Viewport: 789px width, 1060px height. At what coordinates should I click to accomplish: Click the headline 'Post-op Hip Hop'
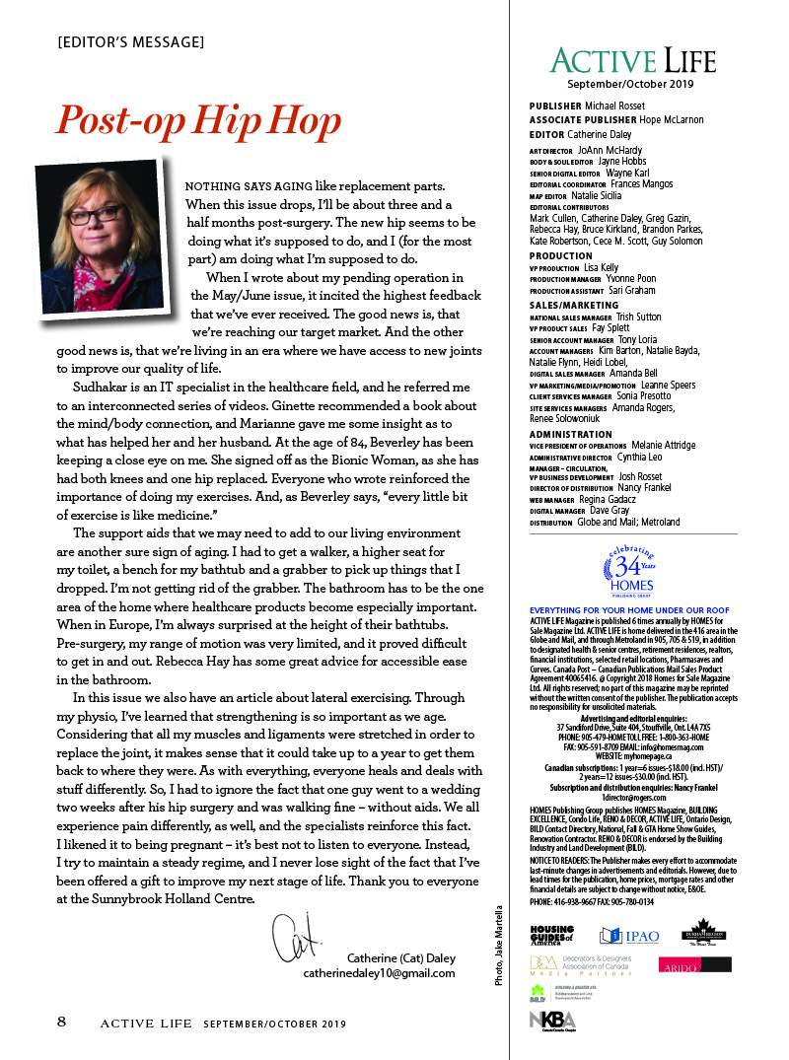pyautogui.click(x=198, y=120)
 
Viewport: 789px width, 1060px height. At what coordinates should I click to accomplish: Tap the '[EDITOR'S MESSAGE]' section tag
pyautogui.click(x=131, y=42)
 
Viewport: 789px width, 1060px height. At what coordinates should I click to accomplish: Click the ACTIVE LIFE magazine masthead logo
pyautogui.click(x=632, y=61)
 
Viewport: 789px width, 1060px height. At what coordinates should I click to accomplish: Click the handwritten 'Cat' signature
pyautogui.click(x=295, y=938)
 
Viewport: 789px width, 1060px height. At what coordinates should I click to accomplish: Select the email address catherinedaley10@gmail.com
pyautogui.click(x=379, y=973)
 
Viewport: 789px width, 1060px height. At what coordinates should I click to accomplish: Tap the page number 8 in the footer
pyautogui.click(x=61, y=1022)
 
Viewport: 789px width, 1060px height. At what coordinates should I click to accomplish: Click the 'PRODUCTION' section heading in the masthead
pyautogui.click(x=561, y=255)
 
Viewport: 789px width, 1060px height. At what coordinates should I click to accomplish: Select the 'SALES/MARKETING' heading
pyautogui.click(x=574, y=306)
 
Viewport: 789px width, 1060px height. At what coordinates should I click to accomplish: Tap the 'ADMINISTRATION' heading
pyautogui.click(x=571, y=434)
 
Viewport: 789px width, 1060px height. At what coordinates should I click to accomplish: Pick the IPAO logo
pyautogui.click(x=630, y=937)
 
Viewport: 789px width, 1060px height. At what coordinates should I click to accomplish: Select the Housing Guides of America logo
pyautogui.click(x=552, y=936)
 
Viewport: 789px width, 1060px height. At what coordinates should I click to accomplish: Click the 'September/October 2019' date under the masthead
pyautogui.click(x=632, y=85)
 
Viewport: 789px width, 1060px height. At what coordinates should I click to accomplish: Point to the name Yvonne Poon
pyautogui.click(x=630, y=279)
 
